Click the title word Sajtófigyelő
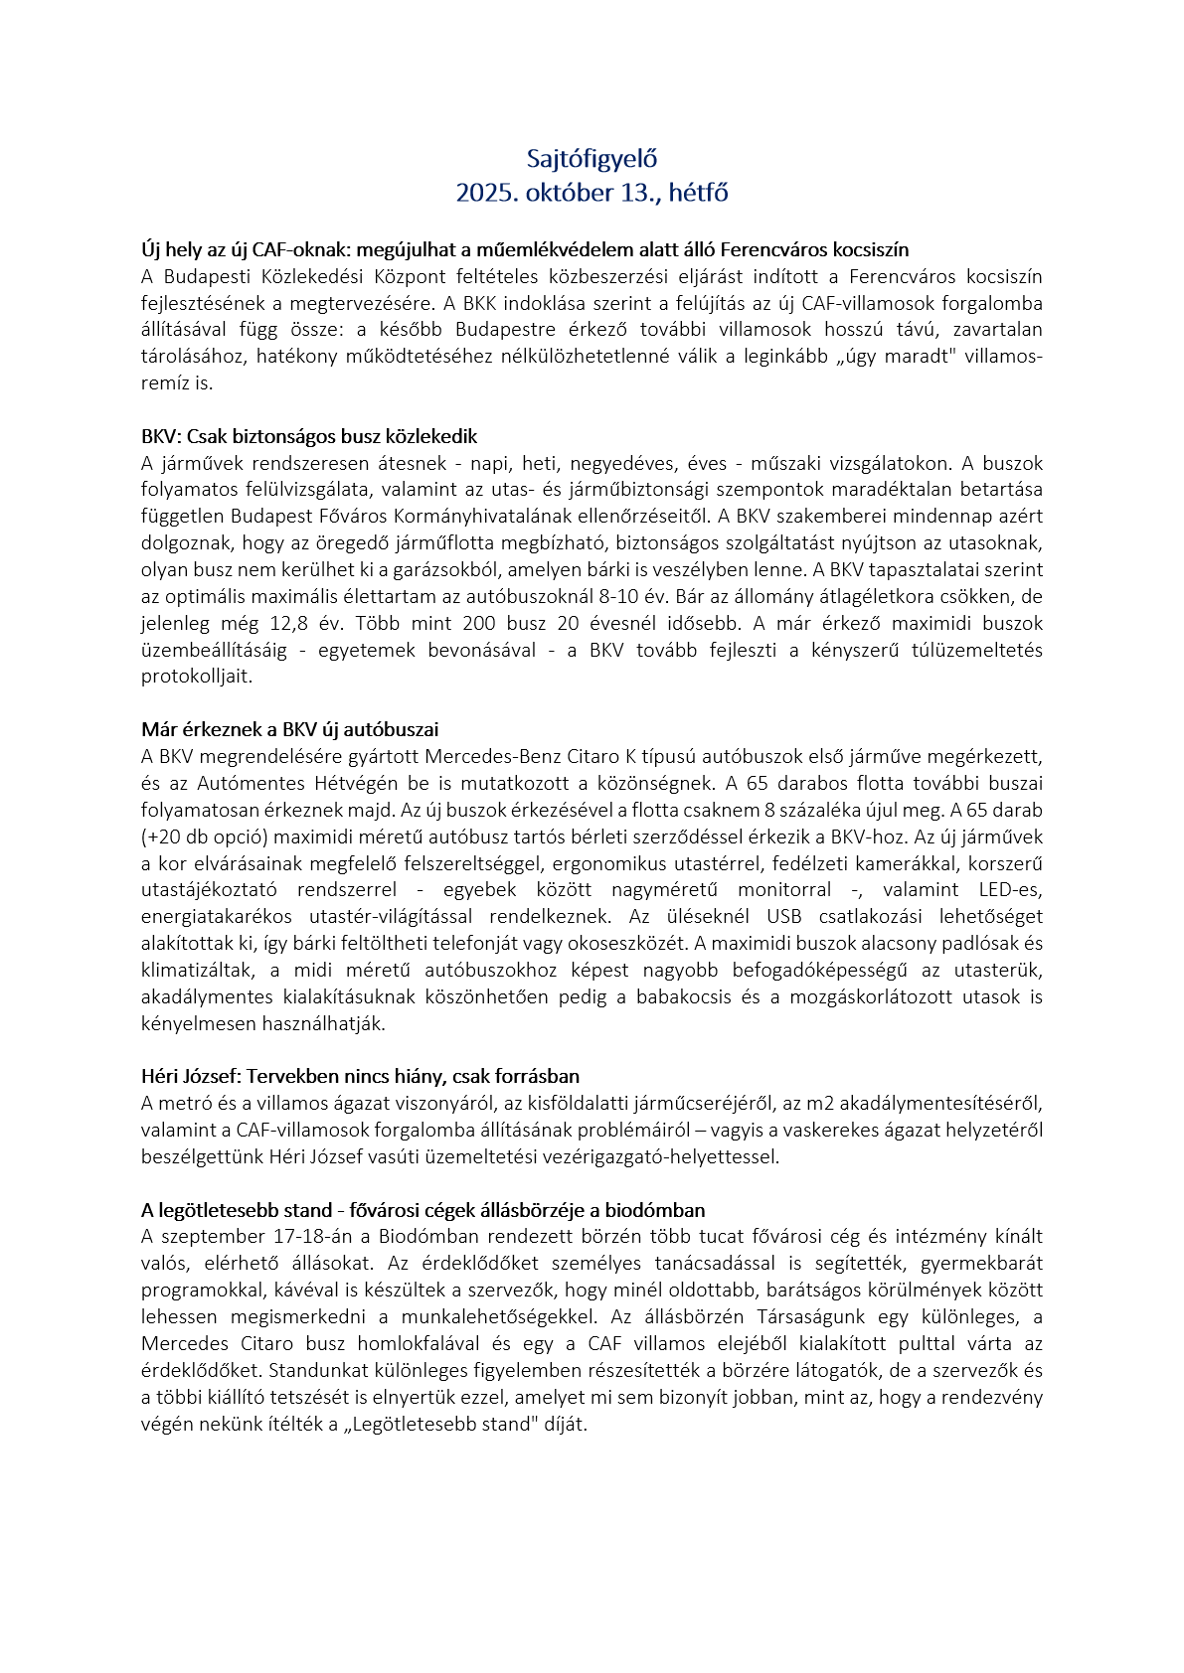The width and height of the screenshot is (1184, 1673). (x=592, y=159)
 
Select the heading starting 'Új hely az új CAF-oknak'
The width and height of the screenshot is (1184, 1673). (x=524, y=249)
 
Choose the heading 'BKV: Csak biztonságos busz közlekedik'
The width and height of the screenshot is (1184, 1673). (x=309, y=436)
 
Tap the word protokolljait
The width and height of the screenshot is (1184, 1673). (x=196, y=678)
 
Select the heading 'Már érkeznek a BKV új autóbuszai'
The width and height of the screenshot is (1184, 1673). (x=289, y=730)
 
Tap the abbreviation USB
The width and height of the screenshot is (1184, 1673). (x=785, y=917)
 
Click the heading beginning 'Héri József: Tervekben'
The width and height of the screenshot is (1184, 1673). (x=360, y=1077)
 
